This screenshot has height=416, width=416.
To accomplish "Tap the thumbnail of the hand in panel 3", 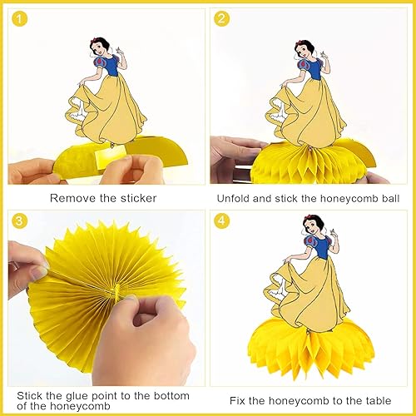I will [x=37, y=271].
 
